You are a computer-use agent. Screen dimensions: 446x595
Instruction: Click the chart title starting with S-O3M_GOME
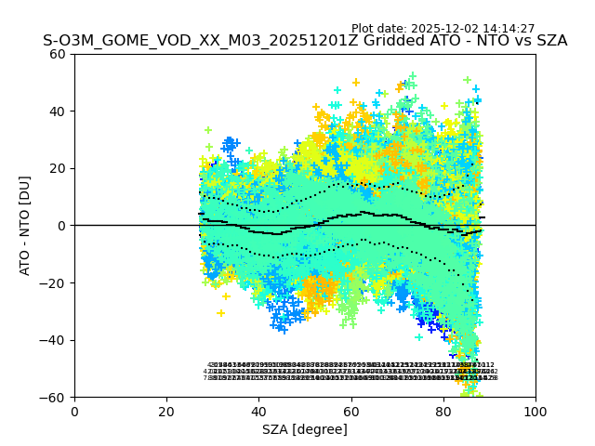coord(305,41)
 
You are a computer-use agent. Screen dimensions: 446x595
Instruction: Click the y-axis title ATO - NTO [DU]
coord(25,225)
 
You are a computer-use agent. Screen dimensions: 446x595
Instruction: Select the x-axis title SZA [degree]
coord(305,429)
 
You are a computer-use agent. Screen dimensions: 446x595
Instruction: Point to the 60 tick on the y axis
coord(58,54)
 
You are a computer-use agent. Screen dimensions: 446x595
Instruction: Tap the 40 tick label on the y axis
coord(58,111)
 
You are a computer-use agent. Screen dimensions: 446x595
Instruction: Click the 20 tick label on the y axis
coord(58,168)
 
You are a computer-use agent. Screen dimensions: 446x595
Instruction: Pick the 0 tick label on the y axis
coord(61,226)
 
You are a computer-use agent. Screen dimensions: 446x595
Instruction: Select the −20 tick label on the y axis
coord(54,283)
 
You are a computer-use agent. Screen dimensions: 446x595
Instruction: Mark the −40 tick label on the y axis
coord(54,340)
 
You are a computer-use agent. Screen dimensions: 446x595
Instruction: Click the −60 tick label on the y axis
coord(54,398)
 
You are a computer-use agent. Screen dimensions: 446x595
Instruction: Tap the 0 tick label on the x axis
coord(74,412)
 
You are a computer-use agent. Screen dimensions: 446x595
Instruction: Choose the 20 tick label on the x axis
coord(166,412)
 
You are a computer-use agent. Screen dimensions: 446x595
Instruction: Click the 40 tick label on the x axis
coord(258,412)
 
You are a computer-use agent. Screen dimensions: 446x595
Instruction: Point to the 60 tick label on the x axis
coord(351,412)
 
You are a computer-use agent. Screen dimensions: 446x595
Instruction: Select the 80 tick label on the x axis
coord(443,412)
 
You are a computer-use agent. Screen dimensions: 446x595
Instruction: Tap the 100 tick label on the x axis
coord(535,412)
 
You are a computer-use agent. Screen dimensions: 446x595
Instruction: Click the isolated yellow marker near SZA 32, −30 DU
coord(220,313)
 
